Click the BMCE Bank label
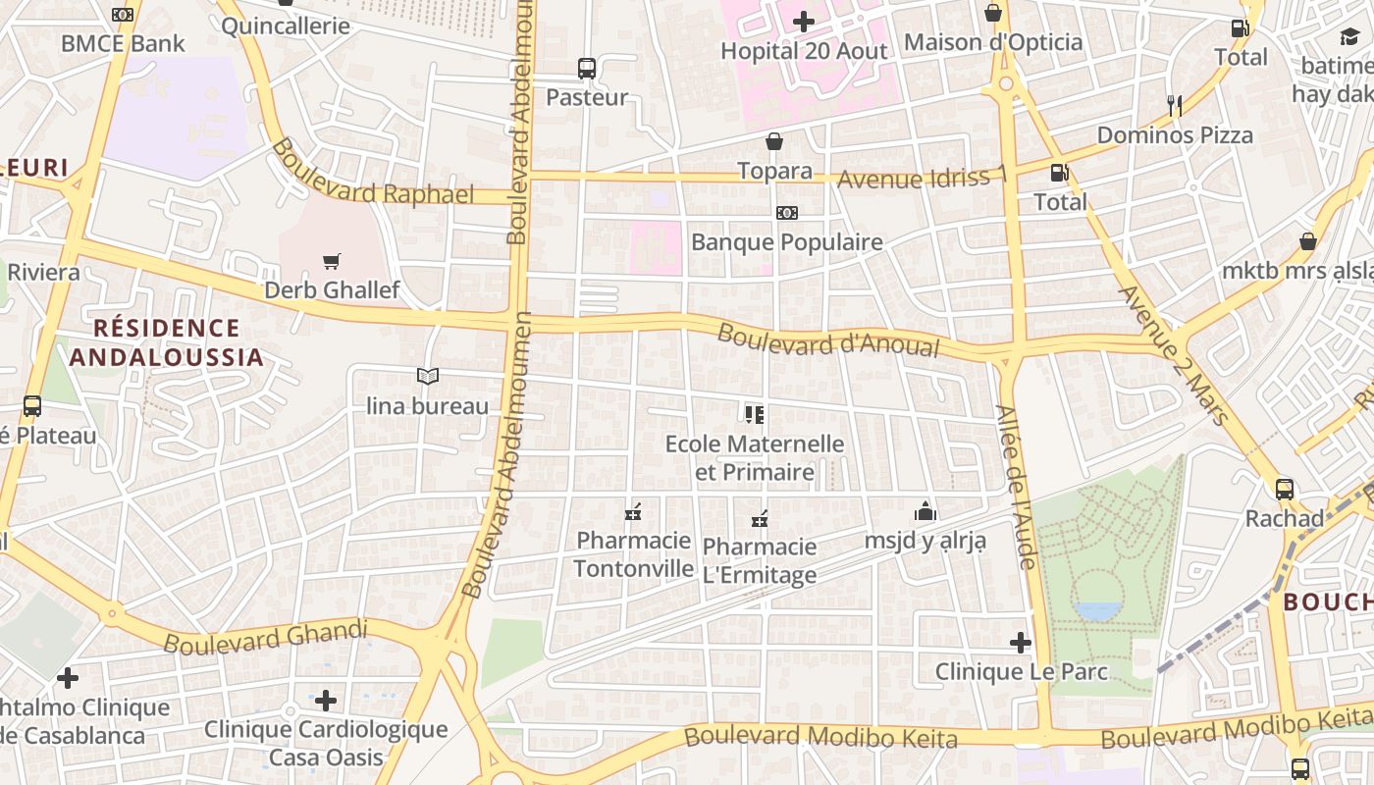point(123,43)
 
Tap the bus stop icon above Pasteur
point(586,69)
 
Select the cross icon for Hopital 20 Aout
point(804,22)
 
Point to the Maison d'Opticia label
point(993,42)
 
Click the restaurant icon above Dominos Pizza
point(1174,105)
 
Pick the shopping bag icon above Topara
point(774,142)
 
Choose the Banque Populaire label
point(787,241)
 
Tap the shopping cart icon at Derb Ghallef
point(332,261)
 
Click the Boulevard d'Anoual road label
point(828,340)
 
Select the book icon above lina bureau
point(427,376)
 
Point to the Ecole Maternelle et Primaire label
point(755,457)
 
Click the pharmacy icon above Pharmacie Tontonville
point(633,512)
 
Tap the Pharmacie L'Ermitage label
point(760,560)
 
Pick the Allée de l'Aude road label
point(1016,486)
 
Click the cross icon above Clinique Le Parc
point(1021,643)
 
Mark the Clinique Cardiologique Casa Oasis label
point(326,743)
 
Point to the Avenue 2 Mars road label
point(1173,354)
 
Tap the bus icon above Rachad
point(1284,489)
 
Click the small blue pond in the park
point(1097,611)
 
